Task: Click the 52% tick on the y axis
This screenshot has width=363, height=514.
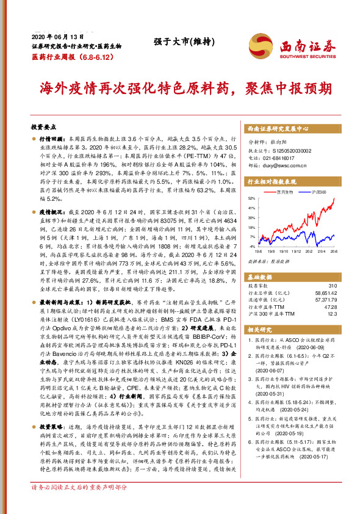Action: coord(252,199)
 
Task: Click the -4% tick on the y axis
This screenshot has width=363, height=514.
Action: coord(253,246)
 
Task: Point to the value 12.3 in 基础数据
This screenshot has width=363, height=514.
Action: coord(332,315)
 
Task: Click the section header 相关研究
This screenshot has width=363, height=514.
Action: coord(261,329)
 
